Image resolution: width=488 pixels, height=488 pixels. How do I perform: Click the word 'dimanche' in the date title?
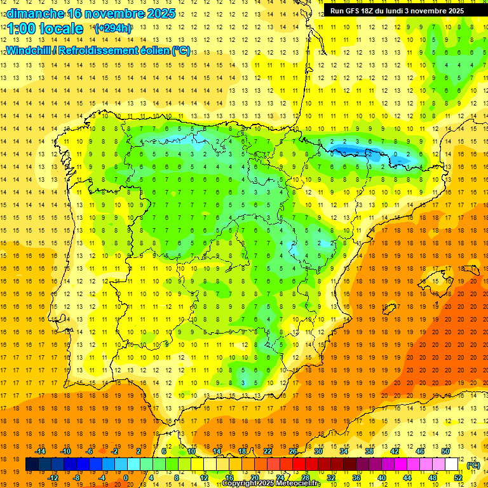pos(35,13)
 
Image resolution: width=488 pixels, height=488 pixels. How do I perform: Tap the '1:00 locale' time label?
pos(45,29)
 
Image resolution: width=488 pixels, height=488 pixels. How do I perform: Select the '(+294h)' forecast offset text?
pos(113,29)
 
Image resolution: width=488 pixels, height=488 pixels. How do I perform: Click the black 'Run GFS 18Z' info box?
pos(396,11)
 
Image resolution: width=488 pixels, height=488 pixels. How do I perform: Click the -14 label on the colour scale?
pos(40,451)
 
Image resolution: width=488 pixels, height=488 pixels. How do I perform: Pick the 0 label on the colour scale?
pos(126,478)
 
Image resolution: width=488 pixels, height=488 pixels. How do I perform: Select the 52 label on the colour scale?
pos(458,478)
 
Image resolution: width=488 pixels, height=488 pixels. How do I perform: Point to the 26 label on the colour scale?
pos(292,451)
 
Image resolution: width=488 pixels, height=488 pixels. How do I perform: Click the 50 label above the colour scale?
pos(445,451)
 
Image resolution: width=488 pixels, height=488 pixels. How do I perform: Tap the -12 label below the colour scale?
pos(52,478)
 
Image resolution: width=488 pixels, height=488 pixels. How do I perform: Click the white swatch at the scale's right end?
pos(452,464)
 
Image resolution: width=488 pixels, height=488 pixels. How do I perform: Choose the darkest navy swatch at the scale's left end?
pos(32,464)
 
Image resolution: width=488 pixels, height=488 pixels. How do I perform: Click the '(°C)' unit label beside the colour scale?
pos(473,465)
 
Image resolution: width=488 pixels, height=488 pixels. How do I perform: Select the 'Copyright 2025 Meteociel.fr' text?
pos(271,484)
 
